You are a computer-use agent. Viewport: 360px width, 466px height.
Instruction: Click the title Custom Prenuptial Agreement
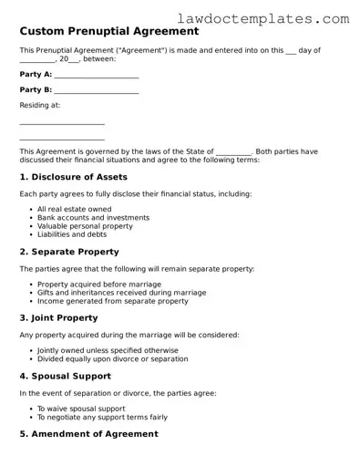pos(109,30)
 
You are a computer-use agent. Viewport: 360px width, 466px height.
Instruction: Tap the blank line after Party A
pos(97,76)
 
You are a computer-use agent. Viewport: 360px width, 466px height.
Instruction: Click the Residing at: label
pos(40,106)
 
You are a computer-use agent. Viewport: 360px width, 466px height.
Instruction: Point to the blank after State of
pos(234,151)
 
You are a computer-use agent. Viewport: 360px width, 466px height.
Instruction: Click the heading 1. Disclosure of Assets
pos(74,177)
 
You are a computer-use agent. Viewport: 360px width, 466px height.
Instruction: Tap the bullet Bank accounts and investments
pos(93,218)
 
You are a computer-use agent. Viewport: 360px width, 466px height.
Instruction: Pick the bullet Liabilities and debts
pos(72,234)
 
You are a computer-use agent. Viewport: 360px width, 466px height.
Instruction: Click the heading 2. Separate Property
pos(69,252)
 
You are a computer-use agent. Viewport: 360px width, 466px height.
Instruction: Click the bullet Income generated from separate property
pos(113,301)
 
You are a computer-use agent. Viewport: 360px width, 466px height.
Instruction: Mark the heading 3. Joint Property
pos(58,318)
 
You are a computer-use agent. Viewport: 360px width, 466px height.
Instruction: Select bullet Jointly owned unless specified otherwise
pos(108,351)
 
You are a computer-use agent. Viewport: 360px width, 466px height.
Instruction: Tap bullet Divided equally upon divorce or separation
pos(112,359)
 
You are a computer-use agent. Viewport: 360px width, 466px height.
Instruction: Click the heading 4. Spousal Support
pos(66,376)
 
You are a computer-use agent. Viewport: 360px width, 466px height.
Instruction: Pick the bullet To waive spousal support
pos(83,409)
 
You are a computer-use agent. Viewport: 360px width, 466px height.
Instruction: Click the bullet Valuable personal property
pos(85,226)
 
